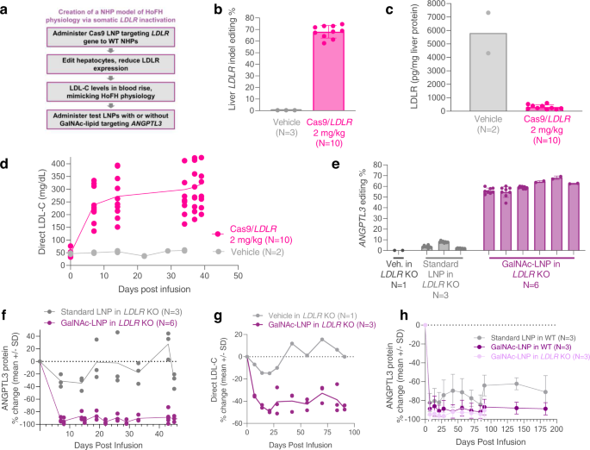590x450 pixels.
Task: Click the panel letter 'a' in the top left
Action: tap(6, 7)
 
